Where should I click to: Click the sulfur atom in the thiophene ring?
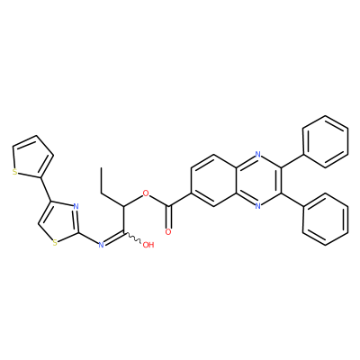14,172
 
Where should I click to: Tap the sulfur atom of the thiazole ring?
55,243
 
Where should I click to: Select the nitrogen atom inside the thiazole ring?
76,206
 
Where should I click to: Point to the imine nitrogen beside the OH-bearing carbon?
101,245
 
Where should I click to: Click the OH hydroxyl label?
148,245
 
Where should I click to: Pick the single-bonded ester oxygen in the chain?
146,193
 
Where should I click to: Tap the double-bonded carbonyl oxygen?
168,232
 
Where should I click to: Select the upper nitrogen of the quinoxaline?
257,155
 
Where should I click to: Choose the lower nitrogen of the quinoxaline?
257,206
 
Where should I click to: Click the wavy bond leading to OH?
133,238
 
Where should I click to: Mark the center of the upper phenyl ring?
326,141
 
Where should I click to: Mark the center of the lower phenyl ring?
326,219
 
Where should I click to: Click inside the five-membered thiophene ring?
32,158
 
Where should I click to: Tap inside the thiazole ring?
59,222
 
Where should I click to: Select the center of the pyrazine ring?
258,180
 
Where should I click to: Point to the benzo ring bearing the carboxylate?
213,180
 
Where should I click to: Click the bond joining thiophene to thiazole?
46,189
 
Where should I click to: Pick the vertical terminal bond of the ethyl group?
102,180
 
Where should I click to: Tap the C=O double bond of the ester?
169,217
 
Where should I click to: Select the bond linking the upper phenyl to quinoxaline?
292,161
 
